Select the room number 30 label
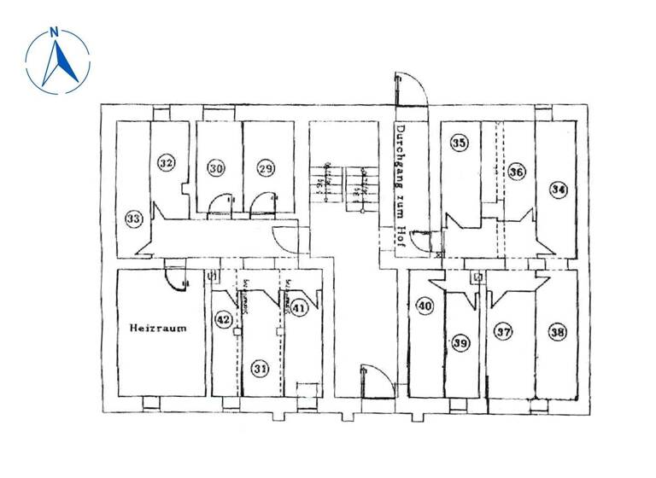point(217,169)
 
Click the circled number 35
point(460,143)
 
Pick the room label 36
point(516,172)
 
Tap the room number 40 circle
point(425,306)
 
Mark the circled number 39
point(460,343)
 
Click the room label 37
point(504,331)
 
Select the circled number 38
point(558,332)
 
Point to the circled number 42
point(223,319)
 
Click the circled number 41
point(299,307)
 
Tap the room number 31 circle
point(260,368)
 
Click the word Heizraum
point(157,327)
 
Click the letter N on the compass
point(55,33)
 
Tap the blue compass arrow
point(60,61)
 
